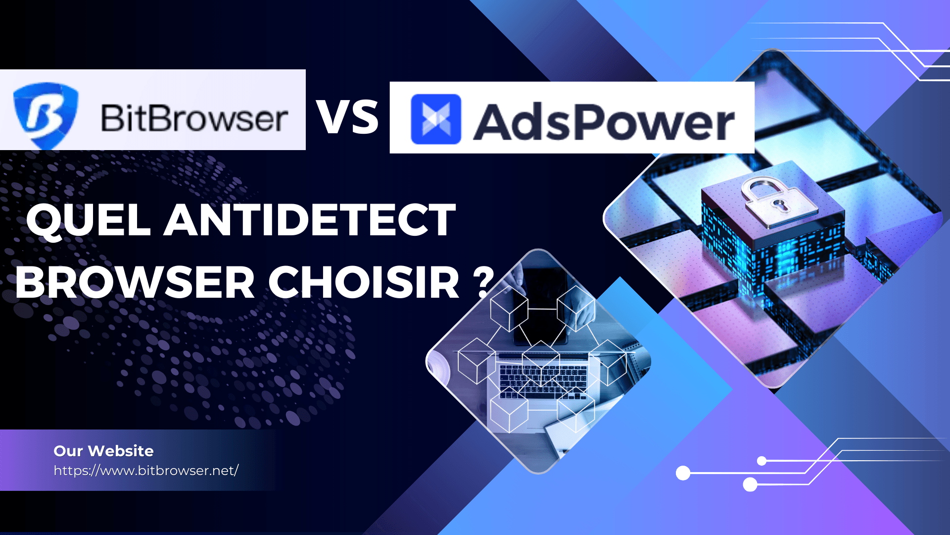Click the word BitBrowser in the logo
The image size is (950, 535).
pos(194,118)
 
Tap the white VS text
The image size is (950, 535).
pos(347,117)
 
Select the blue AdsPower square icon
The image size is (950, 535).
pos(436,119)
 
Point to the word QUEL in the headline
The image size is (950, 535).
pos(89,220)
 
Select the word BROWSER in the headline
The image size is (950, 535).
pos(135,282)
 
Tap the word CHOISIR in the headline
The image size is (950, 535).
pos(364,282)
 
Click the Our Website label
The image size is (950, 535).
pos(103,451)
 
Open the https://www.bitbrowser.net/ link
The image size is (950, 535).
pos(146,471)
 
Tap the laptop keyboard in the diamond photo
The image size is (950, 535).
pos(542,381)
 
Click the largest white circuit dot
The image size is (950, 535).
pos(683,473)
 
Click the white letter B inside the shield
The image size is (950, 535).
pos(45,113)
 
